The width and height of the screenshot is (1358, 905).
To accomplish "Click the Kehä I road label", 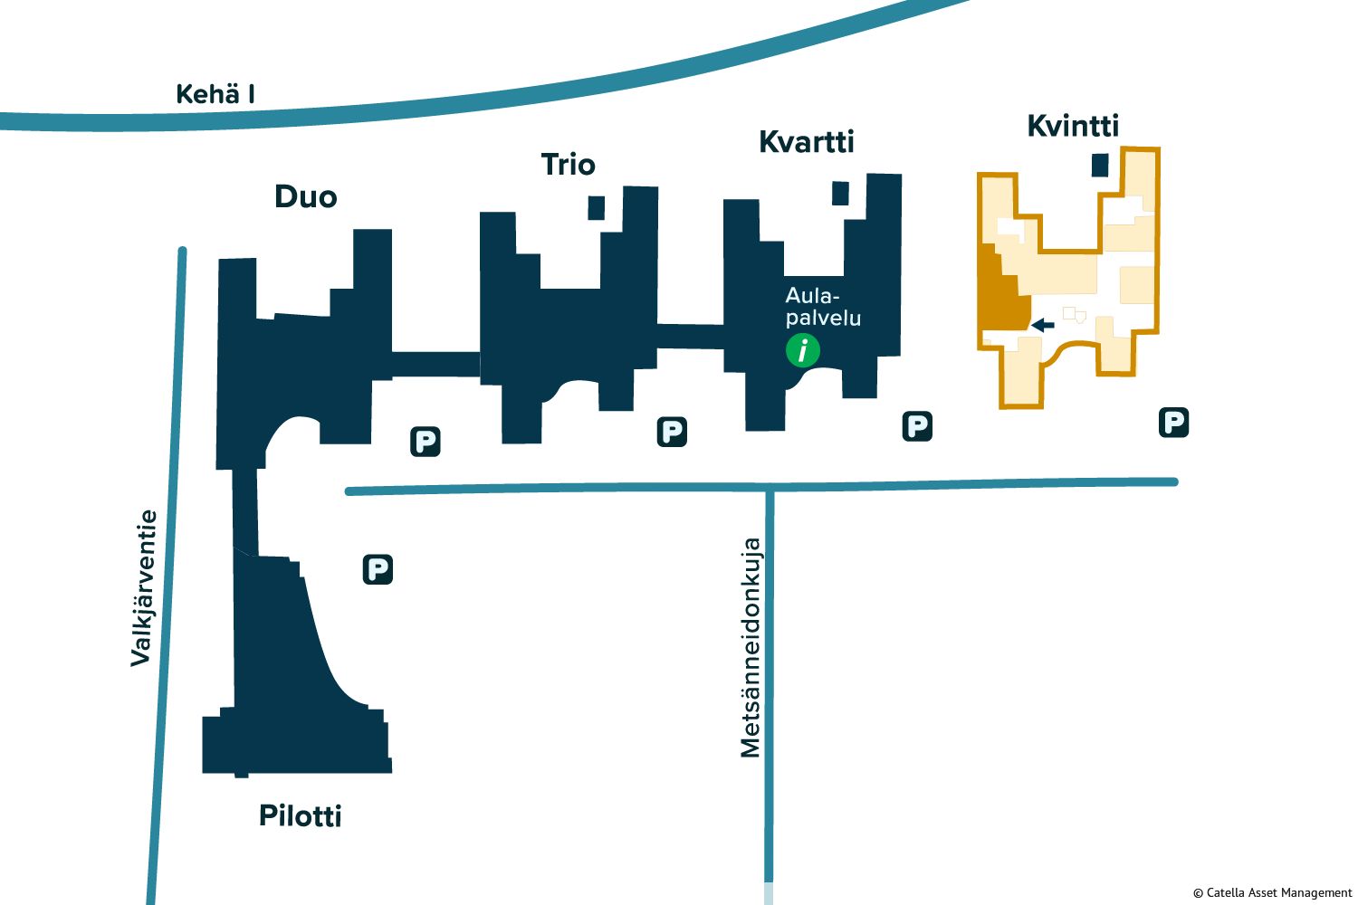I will pyautogui.click(x=215, y=94).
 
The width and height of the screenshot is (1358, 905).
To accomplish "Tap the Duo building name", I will pyautogui.click(x=306, y=196).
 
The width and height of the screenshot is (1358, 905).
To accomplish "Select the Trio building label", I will pyautogui.click(x=568, y=164).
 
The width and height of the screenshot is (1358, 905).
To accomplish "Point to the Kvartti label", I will pyautogui.click(x=806, y=141).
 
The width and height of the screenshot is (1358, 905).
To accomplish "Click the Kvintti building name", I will pyautogui.click(x=1073, y=126).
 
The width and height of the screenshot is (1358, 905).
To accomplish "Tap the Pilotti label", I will pyautogui.click(x=301, y=815).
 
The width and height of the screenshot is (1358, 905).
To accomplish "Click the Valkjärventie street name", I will pyautogui.click(x=143, y=588).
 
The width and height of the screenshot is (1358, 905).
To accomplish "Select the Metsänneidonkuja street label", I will pyautogui.click(x=751, y=648).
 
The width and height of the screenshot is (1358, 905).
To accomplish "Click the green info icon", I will pyautogui.click(x=802, y=350).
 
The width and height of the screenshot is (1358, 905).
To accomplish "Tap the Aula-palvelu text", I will pyautogui.click(x=823, y=307).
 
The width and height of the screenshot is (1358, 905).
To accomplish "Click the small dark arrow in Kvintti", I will pyautogui.click(x=1043, y=325).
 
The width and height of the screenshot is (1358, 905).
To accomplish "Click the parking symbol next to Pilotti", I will pyautogui.click(x=378, y=569).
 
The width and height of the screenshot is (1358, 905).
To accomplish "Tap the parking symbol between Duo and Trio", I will pyautogui.click(x=425, y=442).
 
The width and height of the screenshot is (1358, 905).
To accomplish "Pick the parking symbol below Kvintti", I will pyautogui.click(x=1173, y=422).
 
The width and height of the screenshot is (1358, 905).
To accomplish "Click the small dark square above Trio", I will pyautogui.click(x=596, y=207).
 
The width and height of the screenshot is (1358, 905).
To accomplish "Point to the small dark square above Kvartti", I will pyautogui.click(x=840, y=194).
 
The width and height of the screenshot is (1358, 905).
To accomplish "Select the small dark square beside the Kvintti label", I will pyautogui.click(x=1100, y=165).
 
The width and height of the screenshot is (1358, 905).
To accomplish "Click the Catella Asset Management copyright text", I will pyautogui.click(x=1272, y=892).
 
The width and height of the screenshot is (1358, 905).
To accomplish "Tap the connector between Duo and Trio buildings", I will pyautogui.click(x=435, y=364).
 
